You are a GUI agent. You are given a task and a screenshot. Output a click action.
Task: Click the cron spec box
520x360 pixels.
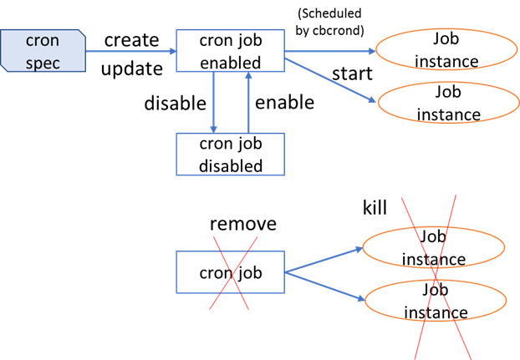43,51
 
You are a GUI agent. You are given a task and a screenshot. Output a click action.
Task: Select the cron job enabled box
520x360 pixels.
230,51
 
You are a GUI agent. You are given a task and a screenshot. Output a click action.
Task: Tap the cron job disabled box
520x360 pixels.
230,154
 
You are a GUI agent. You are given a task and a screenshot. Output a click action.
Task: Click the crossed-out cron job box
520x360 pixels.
230,272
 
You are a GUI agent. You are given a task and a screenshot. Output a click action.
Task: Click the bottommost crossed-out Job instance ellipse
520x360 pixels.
435,301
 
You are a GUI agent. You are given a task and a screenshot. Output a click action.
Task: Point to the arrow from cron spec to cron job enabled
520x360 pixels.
130,51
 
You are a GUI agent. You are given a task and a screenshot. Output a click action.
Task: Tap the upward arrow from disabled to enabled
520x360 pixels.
248,102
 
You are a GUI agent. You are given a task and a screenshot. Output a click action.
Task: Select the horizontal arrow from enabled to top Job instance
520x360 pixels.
330,51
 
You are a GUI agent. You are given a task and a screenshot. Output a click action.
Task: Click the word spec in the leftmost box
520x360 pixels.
43,63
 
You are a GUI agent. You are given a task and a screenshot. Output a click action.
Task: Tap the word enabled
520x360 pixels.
231,63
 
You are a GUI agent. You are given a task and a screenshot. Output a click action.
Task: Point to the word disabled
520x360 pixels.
231,165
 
